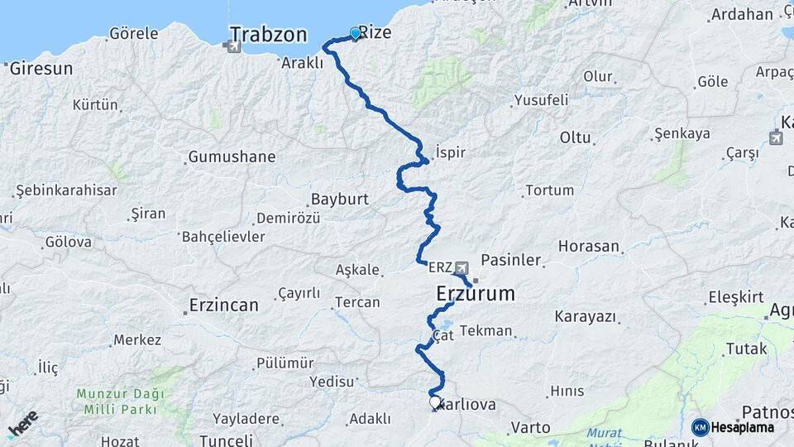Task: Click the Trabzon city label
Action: [x=268, y=35]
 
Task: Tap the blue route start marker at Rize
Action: [x=356, y=33]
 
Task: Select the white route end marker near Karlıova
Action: [x=435, y=402]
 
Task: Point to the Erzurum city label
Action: [x=476, y=294]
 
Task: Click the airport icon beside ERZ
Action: [x=462, y=267]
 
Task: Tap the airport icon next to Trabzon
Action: [x=233, y=46]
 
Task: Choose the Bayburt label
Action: [x=339, y=199]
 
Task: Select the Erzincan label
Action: [x=223, y=305]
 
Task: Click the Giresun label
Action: [x=41, y=69]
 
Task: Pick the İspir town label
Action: [x=451, y=153]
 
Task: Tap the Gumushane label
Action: [x=232, y=156]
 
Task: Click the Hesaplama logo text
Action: [x=742, y=428]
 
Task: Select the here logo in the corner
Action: [x=22, y=424]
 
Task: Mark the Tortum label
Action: [x=549, y=190]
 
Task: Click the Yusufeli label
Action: [x=542, y=100]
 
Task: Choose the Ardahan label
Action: [x=742, y=14]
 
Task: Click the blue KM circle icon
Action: [x=700, y=428]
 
